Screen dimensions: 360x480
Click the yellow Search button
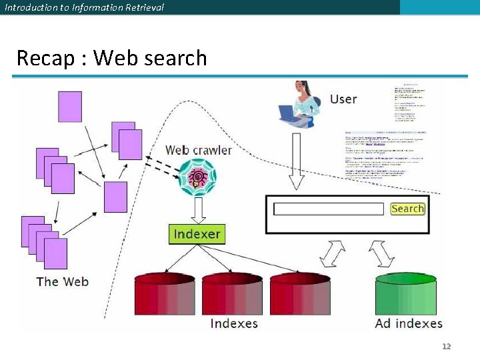pos(407,209)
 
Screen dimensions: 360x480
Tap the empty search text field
pos(329,209)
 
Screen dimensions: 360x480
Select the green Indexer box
pos(197,234)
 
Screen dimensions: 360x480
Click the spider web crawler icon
pos(198,178)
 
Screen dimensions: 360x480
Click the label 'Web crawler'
pos(198,150)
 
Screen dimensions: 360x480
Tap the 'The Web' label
pos(62,281)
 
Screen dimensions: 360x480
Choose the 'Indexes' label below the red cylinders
pos(234,323)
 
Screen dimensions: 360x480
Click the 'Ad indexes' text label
pos(409,323)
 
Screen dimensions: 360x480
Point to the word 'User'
pos(343,99)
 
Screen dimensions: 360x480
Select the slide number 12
pos(447,346)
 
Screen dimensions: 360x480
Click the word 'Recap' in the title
pos(45,58)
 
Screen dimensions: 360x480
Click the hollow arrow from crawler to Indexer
pos(198,211)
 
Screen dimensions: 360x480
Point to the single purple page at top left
pos(70,107)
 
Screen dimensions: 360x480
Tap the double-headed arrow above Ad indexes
pos(382,253)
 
